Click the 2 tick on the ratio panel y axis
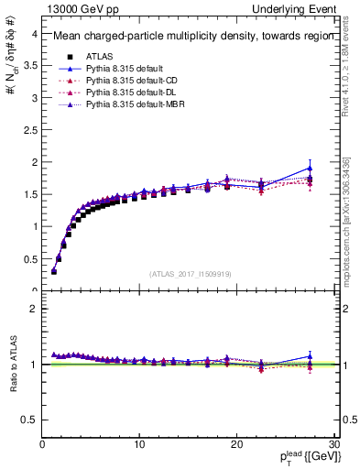(x=34, y=309)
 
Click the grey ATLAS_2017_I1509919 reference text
(x=189, y=273)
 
